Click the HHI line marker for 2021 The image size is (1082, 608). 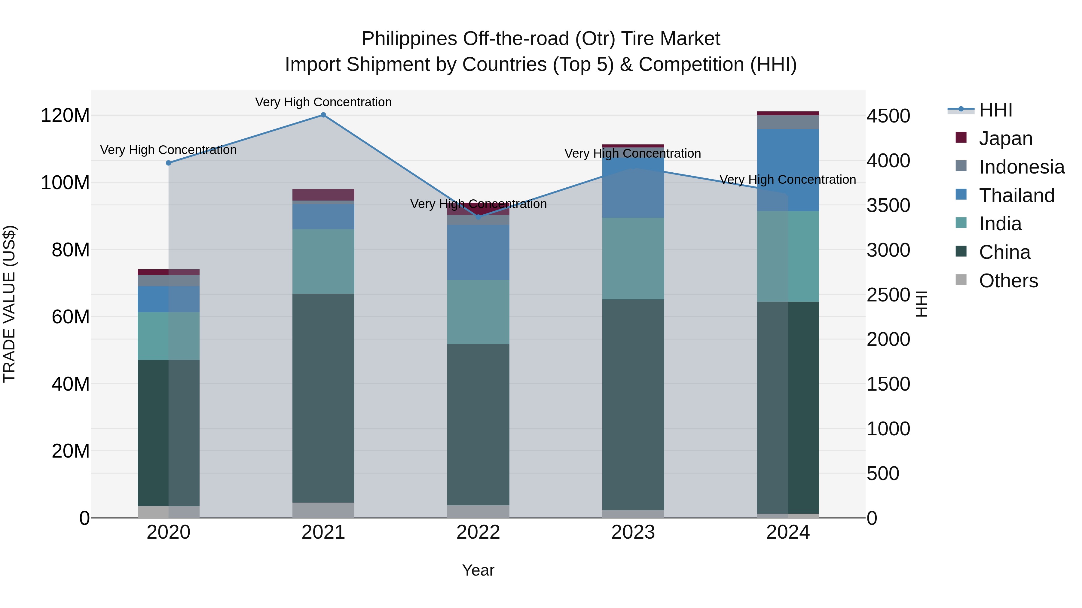tap(323, 115)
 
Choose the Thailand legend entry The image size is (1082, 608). tap(1016, 195)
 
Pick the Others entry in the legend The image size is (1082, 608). tap(1008, 281)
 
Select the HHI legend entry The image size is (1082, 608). tap(995, 110)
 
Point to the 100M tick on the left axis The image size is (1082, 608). tap(65, 183)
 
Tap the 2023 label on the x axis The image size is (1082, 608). tap(633, 532)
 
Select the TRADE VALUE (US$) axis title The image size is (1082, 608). tap(9, 304)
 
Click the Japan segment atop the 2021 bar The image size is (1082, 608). tap(323, 195)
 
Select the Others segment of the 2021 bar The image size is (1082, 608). tap(323, 510)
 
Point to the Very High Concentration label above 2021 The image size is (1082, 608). tap(323, 102)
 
